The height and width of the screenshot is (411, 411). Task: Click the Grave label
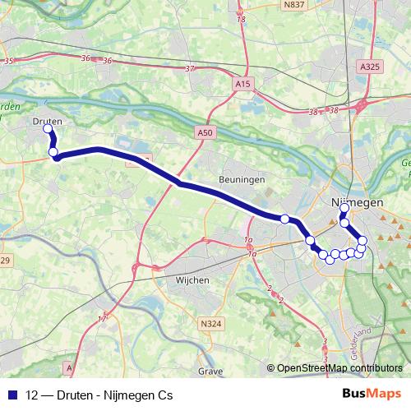(210, 372)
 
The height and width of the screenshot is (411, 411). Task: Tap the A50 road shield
(205, 132)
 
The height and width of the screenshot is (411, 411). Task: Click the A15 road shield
(242, 84)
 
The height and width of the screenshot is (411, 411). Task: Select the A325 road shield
(370, 65)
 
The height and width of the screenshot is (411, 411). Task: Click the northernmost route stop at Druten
(48, 129)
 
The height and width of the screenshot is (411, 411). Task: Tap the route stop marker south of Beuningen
(284, 219)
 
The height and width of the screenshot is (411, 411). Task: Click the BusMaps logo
(372, 395)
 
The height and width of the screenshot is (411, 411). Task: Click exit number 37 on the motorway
(191, 68)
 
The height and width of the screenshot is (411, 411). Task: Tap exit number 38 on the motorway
(312, 111)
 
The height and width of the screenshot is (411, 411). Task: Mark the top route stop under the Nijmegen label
(344, 209)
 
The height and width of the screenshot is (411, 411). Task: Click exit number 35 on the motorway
(9, 61)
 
